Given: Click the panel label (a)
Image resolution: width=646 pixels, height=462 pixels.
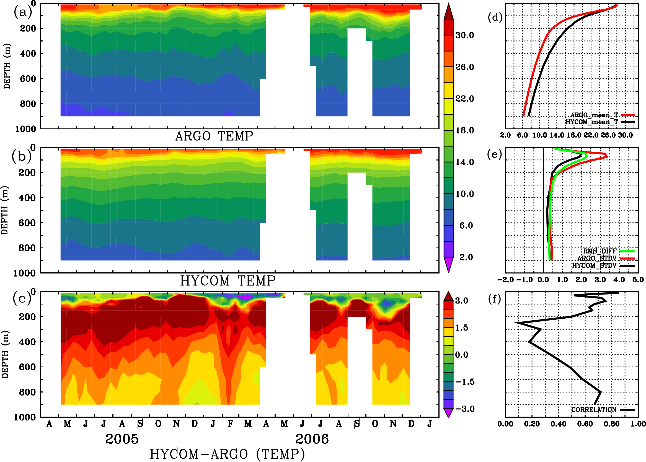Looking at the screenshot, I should click(x=23, y=12).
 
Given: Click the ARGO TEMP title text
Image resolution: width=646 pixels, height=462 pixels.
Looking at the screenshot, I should click(x=214, y=136).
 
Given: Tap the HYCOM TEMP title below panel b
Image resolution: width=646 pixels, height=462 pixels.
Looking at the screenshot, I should click(x=228, y=281).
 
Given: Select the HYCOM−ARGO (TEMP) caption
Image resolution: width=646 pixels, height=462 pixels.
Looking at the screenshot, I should click(x=227, y=454).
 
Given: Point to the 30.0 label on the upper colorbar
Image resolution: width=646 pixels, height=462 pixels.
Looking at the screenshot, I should click(x=464, y=35).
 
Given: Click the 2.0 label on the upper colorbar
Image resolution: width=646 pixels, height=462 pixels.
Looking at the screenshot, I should click(x=466, y=257).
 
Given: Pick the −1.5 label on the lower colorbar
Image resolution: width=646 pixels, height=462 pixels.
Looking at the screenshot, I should click(x=464, y=382).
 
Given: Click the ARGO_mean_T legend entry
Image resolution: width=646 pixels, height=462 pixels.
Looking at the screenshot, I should click(x=594, y=115).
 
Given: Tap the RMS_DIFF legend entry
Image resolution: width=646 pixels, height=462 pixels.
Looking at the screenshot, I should click(x=600, y=251).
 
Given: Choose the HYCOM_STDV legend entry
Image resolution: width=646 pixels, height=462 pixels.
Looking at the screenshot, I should click(x=594, y=265).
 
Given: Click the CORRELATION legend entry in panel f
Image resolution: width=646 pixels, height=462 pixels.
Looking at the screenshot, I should click(x=594, y=410).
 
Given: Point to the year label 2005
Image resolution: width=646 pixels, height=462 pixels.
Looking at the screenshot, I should click(x=122, y=439).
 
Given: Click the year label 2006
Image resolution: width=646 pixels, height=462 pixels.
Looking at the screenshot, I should click(x=312, y=439).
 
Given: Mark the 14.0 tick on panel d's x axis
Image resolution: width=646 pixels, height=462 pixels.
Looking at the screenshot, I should click(x=557, y=135).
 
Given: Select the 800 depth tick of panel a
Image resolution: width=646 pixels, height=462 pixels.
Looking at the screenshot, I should click(x=28, y=104).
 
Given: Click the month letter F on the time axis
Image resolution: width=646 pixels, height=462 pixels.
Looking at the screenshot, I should click(x=230, y=424).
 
